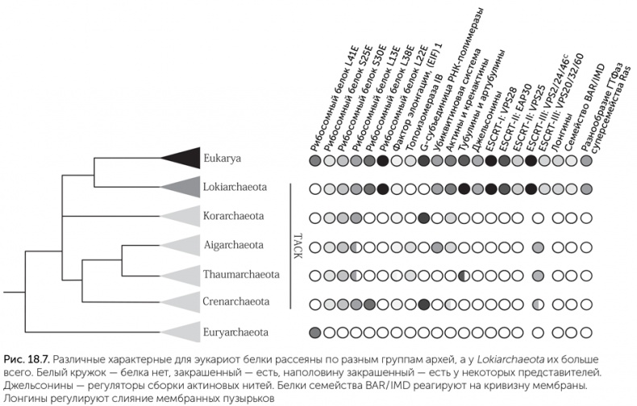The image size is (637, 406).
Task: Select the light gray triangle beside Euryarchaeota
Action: [181, 331]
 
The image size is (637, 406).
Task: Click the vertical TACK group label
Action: [296, 246]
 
